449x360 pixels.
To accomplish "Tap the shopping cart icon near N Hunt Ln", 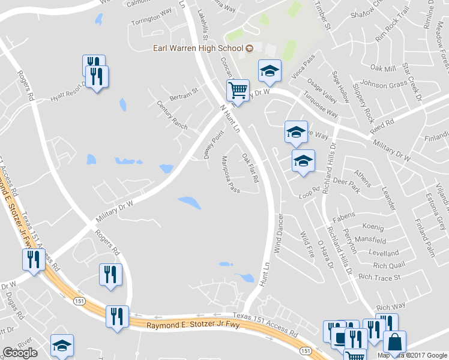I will (x=238, y=91).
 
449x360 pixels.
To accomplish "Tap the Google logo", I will (x=20, y=353).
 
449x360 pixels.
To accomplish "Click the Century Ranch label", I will (x=172, y=115).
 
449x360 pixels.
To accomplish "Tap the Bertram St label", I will (x=184, y=94).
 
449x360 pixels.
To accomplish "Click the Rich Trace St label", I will (x=379, y=277).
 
